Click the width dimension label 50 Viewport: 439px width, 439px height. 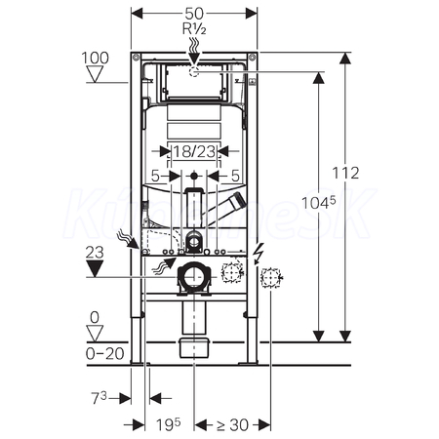click(x=194, y=14)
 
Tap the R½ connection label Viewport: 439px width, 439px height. click(x=194, y=29)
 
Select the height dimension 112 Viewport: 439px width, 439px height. click(x=345, y=173)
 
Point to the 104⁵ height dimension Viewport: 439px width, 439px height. click(x=318, y=203)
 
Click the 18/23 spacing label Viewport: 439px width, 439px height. click(x=194, y=151)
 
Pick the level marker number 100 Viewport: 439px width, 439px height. click(x=95, y=59)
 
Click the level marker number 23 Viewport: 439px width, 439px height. click(x=95, y=253)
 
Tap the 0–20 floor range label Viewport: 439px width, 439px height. click(x=104, y=354)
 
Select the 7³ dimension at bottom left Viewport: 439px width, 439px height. click(x=99, y=398)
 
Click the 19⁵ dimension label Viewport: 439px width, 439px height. click(x=168, y=424)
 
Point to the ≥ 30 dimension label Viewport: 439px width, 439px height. click(x=232, y=424)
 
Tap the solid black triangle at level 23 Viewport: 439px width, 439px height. click(x=95, y=268)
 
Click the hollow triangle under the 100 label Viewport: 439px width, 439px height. click(x=96, y=74)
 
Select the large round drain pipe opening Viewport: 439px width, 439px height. click(x=194, y=277)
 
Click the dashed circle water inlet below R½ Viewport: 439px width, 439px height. click(x=194, y=71)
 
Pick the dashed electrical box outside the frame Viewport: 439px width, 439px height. click(x=270, y=277)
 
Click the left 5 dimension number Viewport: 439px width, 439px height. click(x=155, y=176)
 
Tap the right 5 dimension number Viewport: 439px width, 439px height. click(x=235, y=176)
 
